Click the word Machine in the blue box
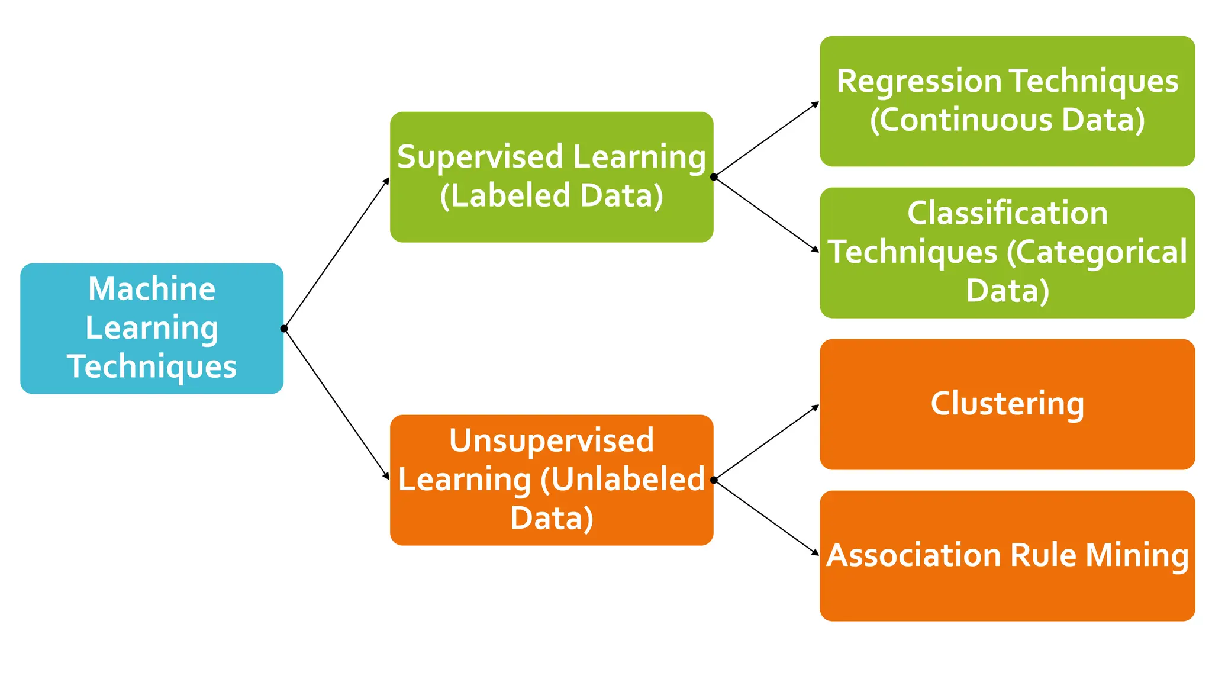tap(151, 289)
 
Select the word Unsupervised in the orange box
tap(551, 440)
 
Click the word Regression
tap(918, 82)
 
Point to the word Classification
tap(1007, 213)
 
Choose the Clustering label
tap(1007, 404)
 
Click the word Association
tap(913, 555)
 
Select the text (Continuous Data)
tap(1007, 120)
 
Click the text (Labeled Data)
tap(551, 196)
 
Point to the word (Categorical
tap(1096, 252)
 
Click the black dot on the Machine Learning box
tap(284, 329)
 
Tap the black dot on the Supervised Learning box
tap(714, 177)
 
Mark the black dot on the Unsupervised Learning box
tap(714, 480)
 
